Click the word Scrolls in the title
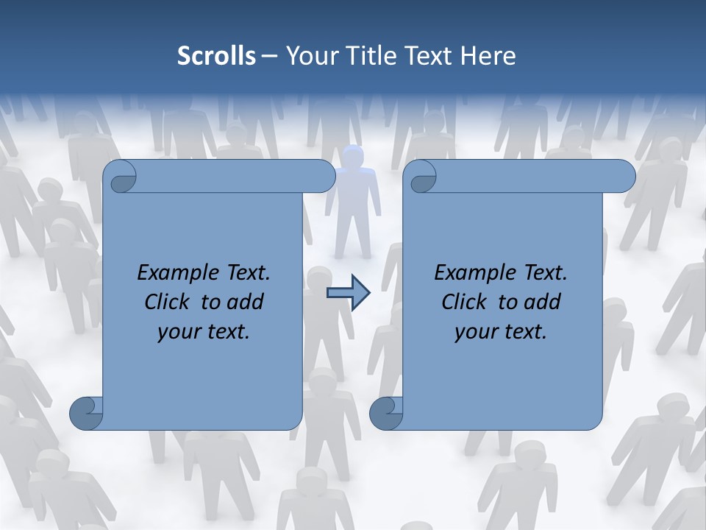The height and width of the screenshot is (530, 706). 217,56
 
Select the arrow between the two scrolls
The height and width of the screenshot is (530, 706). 348,293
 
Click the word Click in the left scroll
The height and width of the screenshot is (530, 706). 168,302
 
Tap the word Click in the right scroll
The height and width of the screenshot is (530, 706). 466,302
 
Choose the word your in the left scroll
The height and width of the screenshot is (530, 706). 179,331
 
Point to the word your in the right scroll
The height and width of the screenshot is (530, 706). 476,331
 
